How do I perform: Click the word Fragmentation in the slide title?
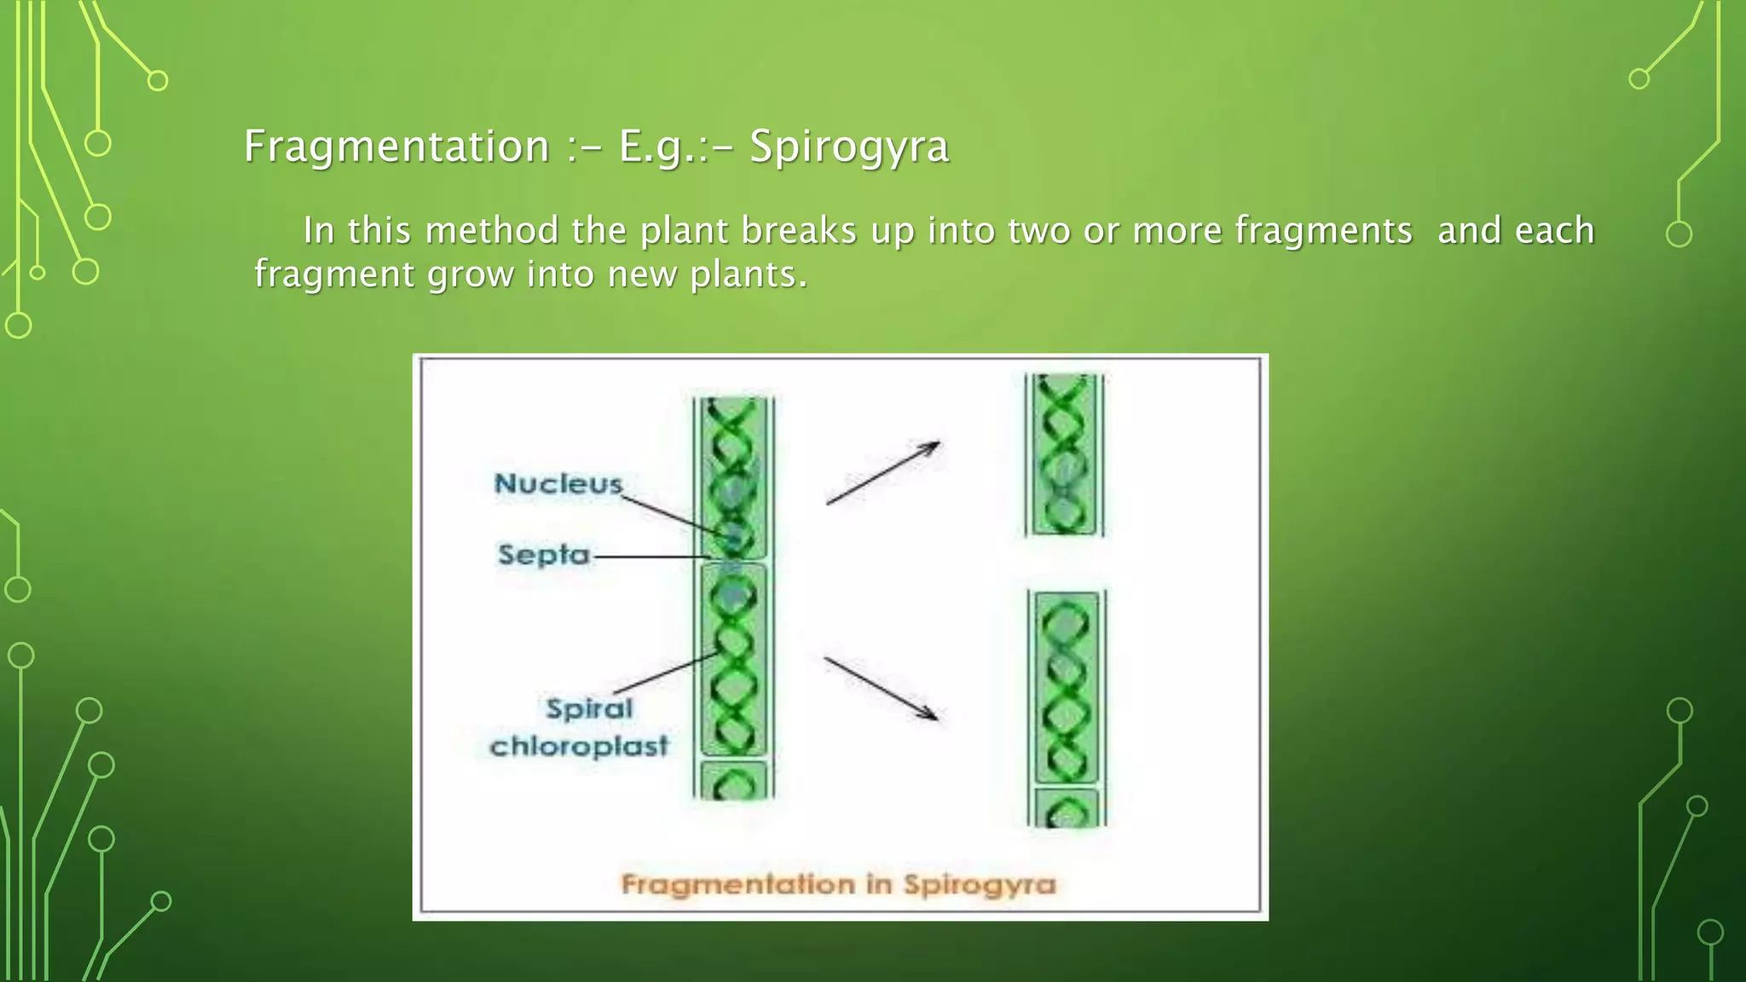click(396, 146)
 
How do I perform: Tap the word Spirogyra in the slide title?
click(849, 146)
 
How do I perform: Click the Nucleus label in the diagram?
click(558, 483)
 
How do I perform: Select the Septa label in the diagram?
click(544, 555)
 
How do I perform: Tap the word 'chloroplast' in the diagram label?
click(580, 746)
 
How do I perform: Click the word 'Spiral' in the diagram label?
click(589, 708)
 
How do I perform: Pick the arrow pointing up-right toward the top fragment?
click(883, 472)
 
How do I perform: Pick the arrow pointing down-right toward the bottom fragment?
click(881, 688)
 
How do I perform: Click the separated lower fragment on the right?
click(1067, 708)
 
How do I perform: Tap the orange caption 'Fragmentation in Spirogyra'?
click(838, 884)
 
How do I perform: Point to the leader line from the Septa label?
click(652, 557)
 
